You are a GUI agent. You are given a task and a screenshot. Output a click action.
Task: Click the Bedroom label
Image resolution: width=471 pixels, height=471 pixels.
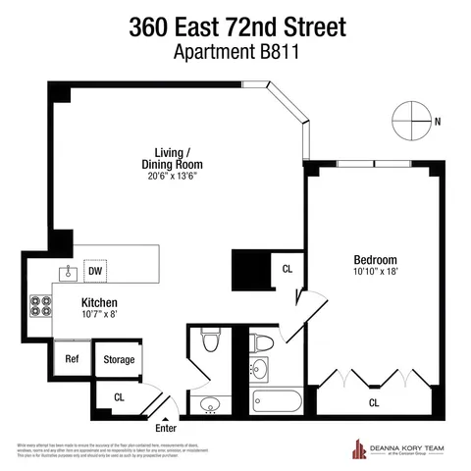click(375, 260)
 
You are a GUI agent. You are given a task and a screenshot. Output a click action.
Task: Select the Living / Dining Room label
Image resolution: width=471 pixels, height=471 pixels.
click(178, 159)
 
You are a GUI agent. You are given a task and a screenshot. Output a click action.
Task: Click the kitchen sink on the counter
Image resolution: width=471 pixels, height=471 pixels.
click(69, 272)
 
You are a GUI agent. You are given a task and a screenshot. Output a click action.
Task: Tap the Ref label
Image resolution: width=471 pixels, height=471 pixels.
click(72, 359)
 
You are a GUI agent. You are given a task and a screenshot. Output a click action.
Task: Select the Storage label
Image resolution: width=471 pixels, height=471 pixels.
click(119, 360)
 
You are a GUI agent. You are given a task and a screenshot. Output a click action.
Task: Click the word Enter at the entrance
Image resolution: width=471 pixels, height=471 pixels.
click(167, 428)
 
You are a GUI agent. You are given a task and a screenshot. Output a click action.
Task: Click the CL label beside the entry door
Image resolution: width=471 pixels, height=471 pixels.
click(118, 397)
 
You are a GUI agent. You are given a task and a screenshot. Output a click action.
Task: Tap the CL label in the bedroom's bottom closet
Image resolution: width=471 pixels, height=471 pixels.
click(374, 402)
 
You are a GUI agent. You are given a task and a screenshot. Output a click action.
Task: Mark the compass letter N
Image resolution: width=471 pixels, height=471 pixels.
click(438, 122)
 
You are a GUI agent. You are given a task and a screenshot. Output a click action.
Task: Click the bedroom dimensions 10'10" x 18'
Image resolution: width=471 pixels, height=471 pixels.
click(375, 274)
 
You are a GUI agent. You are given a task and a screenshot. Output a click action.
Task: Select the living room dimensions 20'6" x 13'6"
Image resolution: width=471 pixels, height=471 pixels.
click(178, 179)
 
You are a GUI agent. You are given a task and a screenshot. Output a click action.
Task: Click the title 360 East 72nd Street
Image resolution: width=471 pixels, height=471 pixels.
click(235, 27)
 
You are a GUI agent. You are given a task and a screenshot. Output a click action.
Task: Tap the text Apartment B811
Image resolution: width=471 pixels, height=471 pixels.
click(235, 53)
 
